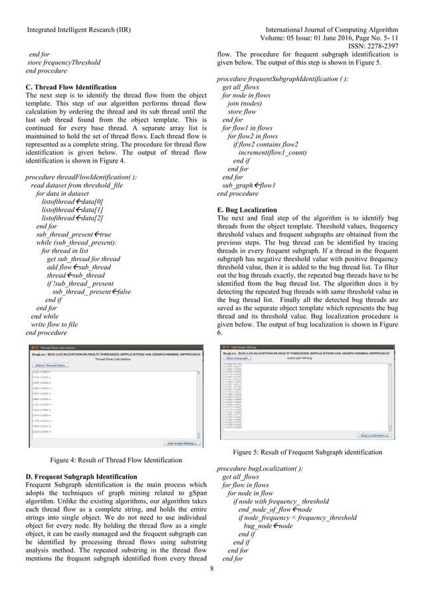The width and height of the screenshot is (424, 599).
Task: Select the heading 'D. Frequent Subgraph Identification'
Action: pos(80,476)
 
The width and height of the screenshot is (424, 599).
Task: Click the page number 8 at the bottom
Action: pos(211,568)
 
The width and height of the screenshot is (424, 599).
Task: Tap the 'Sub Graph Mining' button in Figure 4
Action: pos(181,442)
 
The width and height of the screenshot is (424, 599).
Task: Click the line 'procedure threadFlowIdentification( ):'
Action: pos(81,177)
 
